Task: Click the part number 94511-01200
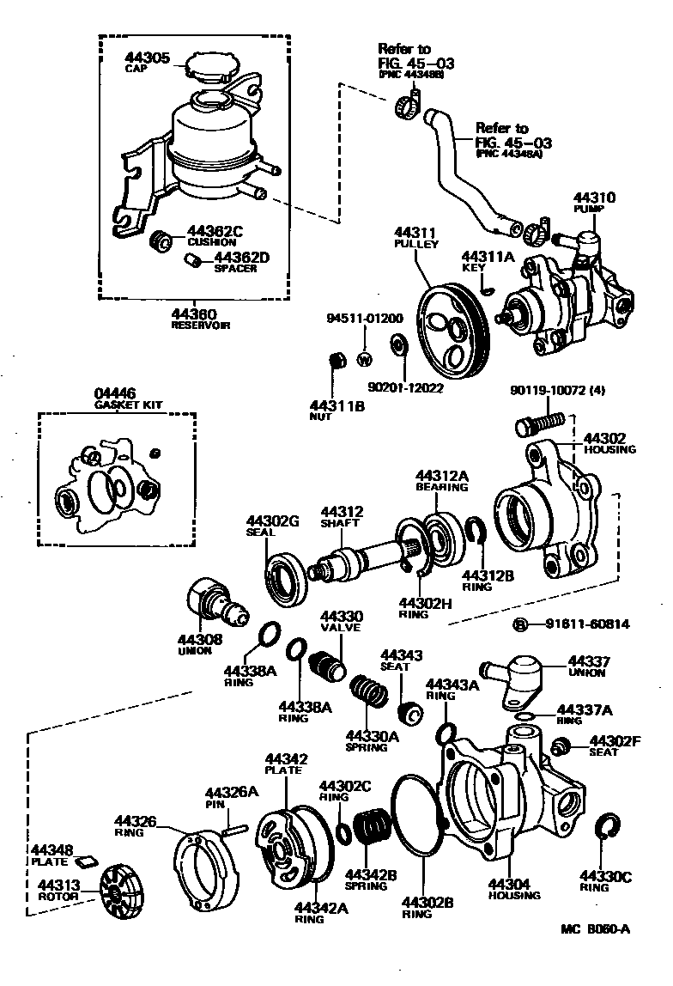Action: [364, 319]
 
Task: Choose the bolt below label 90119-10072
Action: [540, 424]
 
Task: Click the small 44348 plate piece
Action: [86, 861]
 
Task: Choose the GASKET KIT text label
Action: [129, 405]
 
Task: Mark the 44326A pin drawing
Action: [235, 828]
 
